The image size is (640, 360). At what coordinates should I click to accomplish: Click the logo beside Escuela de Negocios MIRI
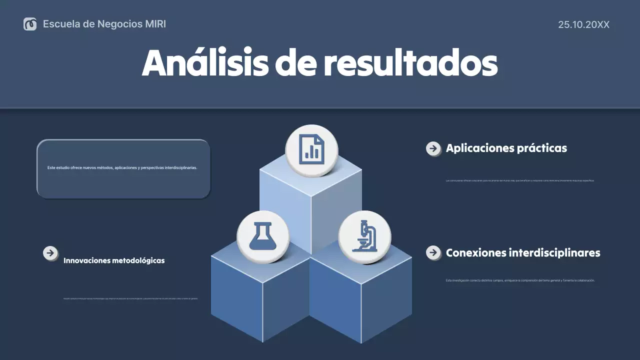pos(30,24)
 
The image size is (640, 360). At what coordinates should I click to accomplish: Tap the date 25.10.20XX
pos(583,24)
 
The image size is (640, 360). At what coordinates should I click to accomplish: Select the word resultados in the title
pos(410,63)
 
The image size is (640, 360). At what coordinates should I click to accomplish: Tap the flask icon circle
pos(263,236)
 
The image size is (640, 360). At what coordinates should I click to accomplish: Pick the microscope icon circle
pos(364,236)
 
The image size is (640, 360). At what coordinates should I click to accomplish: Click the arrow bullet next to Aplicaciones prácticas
pos(433,148)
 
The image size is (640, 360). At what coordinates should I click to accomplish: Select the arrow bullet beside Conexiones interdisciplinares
pos(433,252)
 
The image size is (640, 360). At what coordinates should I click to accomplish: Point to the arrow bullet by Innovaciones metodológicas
pos(50,253)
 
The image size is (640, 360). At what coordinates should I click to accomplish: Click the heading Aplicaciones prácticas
pos(506,148)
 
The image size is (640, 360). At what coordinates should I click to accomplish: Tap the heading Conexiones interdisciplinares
pos(522,252)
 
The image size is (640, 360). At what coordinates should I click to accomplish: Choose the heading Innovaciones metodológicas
pos(114,260)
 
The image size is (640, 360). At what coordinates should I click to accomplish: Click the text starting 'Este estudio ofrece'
pos(122,168)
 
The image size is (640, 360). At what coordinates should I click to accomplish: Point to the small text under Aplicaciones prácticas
pos(519,180)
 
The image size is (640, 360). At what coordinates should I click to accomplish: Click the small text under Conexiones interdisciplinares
pos(520,280)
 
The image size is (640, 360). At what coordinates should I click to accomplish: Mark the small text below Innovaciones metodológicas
pos(130,298)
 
